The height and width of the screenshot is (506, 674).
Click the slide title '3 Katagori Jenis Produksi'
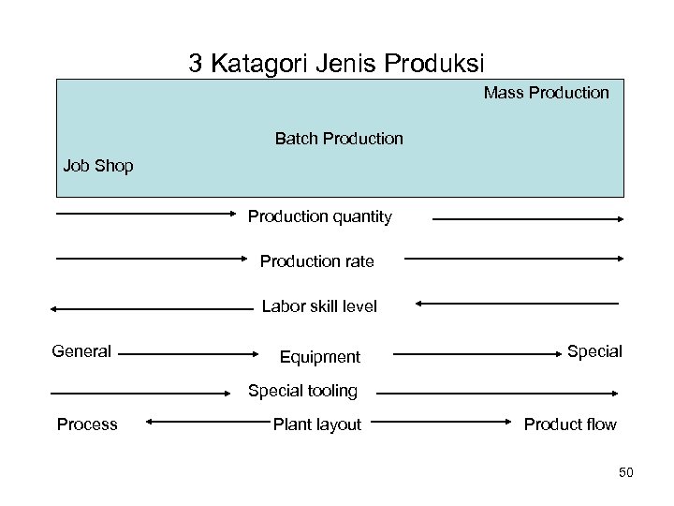pos(336,64)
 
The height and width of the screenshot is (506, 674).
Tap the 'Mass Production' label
pos(546,93)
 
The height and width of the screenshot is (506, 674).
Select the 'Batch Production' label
pos(339,139)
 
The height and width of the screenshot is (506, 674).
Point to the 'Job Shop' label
pos(98,167)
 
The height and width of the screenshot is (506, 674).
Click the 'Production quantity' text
pos(320,217)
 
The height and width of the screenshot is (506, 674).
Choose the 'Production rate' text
pos(316,261)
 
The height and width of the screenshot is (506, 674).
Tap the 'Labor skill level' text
pos(319,306)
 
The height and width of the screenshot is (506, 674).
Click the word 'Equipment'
pos(320,357)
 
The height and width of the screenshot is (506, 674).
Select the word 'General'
pos(81,351)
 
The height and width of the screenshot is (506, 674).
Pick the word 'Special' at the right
pos(594,351)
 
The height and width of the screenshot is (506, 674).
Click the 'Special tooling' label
pos(302,390)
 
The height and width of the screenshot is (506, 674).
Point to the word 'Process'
pos(87,424)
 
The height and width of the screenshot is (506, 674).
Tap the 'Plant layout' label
pos(316,424)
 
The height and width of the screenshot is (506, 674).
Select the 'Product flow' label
pos(570,424)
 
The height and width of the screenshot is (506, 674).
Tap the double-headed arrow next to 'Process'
pos(197,423)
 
